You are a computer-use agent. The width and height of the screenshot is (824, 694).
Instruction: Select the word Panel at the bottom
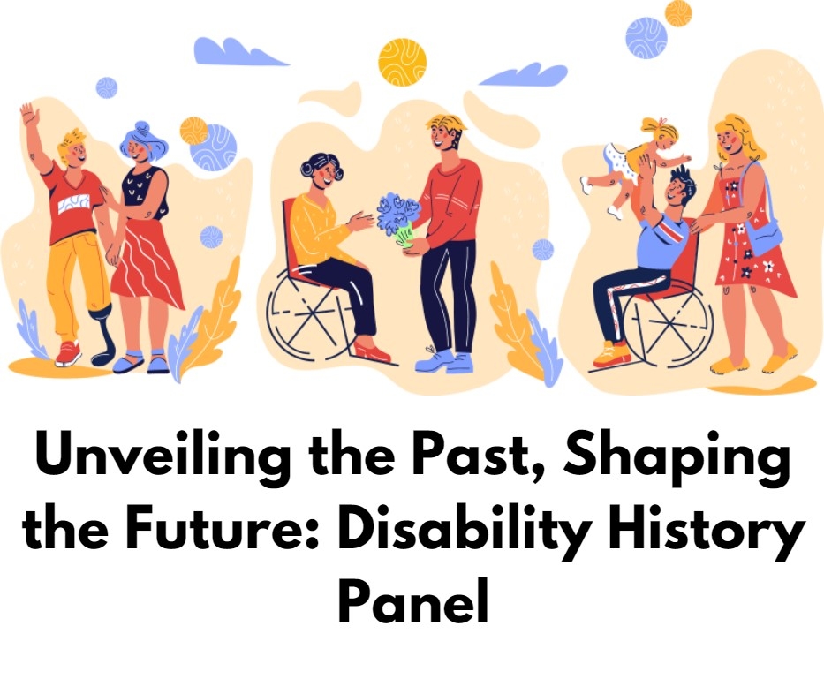(413, 600)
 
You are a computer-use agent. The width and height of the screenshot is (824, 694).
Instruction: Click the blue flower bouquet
(399, 220)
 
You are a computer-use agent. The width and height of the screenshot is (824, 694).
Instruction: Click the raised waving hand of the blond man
(27, 114)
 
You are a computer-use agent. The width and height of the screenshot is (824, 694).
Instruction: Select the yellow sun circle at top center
(402, 62)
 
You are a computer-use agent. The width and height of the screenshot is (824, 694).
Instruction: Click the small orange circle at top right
(678, 13)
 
